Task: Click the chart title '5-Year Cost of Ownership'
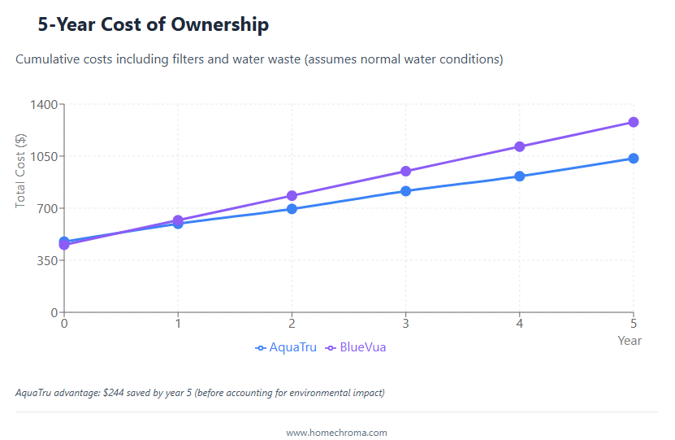point(153,25)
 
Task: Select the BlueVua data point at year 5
point(634,122)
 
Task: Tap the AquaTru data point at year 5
point(634,159)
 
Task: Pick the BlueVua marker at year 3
point(405,172)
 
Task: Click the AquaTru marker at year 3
point(405,191)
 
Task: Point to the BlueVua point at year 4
point(520,147)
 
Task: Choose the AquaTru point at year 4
point(520,176)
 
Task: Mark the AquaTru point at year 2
point(292,209)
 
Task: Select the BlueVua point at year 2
point(292,196)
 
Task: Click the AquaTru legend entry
point(286,348)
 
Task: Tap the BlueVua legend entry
point(356,348)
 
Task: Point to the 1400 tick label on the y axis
point(43,105)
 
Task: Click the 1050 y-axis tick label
point(43,157)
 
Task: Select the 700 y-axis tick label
point(47,209)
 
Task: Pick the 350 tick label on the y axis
point(47,261)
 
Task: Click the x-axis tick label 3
point(405,322)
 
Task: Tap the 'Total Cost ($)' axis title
point(21,171)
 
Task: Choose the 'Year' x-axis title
point(630,341)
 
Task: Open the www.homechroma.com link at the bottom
point(336,433)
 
